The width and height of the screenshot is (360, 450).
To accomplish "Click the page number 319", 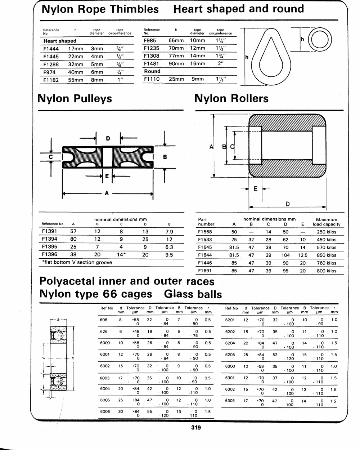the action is [x=196, y=428].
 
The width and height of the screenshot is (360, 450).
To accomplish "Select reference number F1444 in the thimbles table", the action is [x=51, y=49].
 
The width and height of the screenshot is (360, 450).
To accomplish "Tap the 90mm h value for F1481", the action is [x=176, y=63].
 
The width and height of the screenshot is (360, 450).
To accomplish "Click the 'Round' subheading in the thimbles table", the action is [x=152, y=71].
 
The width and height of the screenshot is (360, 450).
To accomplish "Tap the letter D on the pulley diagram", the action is [x=108, y=138].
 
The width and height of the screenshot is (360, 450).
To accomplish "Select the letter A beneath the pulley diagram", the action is [x=107, y=193].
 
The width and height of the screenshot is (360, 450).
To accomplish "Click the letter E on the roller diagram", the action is [x=255, y=189].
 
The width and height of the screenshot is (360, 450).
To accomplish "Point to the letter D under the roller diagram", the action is [x=288, y=204].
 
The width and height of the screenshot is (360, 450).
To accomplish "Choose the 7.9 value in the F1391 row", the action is [x=169, y=232].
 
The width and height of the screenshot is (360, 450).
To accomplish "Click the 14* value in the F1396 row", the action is [x=121, y=255].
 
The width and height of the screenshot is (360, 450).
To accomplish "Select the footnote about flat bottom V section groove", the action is [x=77, y=262].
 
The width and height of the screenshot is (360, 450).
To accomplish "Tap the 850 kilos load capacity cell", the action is [x=327, y=255].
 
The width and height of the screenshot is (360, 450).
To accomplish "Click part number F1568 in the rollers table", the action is [x=205, y=232].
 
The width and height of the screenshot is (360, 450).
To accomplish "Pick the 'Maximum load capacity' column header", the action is [x=327, y=222].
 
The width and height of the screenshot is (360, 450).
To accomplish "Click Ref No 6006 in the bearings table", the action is [x=105, y=411].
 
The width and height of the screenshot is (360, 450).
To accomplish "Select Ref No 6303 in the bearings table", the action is [x=230, y=400].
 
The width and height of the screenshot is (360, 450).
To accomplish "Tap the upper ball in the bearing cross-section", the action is [x=58, y=335].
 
